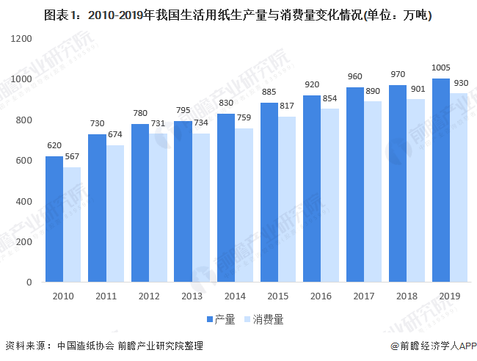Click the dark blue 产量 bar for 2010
[54, 219]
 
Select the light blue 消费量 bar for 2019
[459, 188]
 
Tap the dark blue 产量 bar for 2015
[269, 192]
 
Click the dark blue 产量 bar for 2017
[355, 185]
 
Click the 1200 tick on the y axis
[23, 38]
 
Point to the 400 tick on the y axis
[26, 201]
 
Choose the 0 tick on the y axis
[30, 282]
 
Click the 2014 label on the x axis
[235, 296]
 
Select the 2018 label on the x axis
[407, 296]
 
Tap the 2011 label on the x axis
[106, 296]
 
